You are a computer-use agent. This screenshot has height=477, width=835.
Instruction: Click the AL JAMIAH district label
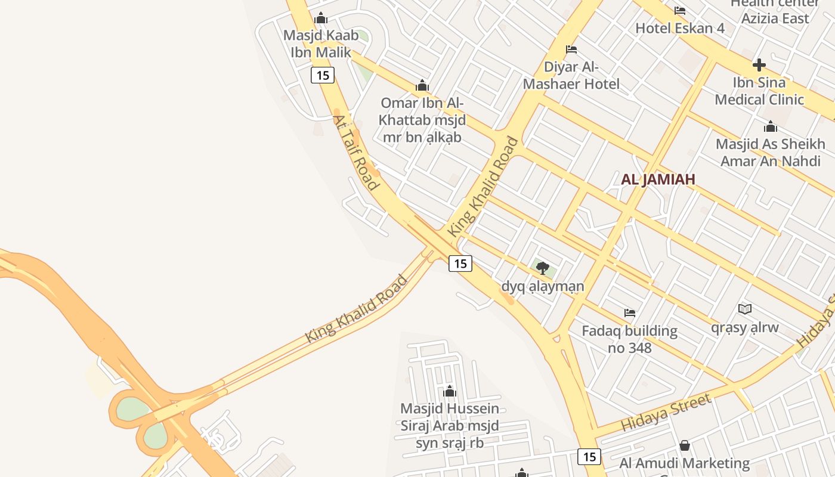coord(658,179)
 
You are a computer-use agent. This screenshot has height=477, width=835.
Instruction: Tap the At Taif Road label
coord(356,153)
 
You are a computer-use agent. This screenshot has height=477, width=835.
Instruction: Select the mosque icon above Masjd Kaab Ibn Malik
coord(321,18)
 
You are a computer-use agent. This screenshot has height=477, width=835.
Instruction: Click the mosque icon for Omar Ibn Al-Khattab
coord(422,85)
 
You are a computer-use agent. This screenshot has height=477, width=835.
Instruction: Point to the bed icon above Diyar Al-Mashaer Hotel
coord(571,49)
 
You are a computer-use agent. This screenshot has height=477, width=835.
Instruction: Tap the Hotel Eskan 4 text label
coord(679,28)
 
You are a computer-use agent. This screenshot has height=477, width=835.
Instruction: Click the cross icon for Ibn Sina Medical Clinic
coord(759,64)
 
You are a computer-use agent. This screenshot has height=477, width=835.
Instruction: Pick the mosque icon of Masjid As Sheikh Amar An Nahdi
coord(771,126)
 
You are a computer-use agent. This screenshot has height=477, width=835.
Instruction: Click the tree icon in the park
coord(542,268)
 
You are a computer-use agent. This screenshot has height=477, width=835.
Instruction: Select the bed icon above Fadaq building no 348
coord(629,312)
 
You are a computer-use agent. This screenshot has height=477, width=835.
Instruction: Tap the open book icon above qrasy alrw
coord(744,309)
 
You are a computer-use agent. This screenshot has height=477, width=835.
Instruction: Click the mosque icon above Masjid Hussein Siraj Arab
coord(450,391)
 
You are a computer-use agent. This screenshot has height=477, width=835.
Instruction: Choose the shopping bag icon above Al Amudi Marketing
coord(685,445)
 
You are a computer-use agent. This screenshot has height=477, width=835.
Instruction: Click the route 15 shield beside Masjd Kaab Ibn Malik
coord(323,75)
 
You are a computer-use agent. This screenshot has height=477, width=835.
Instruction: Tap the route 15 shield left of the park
coord(460,263)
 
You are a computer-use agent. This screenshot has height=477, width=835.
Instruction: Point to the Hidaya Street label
coord(666,413)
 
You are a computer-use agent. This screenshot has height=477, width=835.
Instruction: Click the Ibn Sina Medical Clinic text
coord(759,91)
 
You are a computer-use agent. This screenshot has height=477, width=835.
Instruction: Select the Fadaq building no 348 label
coord(629,339)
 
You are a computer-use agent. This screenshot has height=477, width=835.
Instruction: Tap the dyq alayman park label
coord(542,286)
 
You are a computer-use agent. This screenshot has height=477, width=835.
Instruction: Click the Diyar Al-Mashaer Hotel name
coord(571,75)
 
